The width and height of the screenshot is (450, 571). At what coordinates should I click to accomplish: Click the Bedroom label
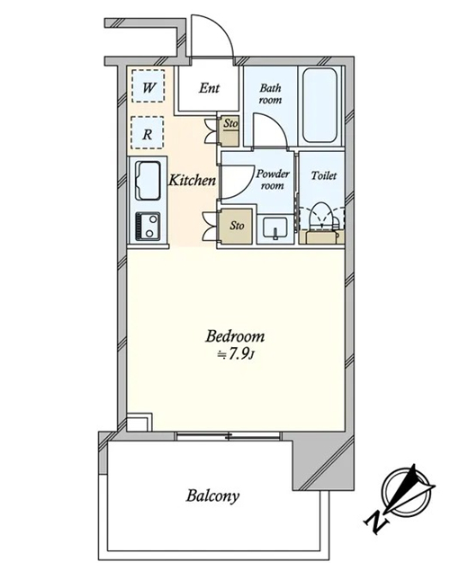click(235, 336)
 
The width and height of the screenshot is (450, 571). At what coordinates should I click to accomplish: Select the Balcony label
click(212, 496)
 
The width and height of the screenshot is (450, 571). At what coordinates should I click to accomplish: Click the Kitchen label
click(192, 180)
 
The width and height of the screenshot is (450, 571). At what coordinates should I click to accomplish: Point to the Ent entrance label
click(209, 88)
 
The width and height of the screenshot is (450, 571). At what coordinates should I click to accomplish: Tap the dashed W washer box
click(148, 85)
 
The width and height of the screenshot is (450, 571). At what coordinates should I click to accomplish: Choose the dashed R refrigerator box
click(147, 132)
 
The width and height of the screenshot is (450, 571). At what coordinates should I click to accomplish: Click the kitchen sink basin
click(148, 181)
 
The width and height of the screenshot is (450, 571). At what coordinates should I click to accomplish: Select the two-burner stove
click(148, 226)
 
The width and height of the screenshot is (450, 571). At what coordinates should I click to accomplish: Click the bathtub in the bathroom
click(319, 106)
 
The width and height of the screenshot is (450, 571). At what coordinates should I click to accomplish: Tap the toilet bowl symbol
click(321, 216)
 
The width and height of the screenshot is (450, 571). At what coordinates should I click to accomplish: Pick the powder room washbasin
click(275, 228)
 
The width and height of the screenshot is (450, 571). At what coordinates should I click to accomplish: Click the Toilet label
click(324, 175)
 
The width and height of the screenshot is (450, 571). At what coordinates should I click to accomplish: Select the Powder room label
click(272, 179)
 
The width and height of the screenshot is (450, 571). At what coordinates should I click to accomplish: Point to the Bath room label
click(270, 94)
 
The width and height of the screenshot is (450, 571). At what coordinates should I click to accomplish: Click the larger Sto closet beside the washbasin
click(236, 226)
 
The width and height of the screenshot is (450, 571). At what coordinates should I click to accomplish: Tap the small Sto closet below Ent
click(230, 131)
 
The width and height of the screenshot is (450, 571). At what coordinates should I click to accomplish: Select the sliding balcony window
click(229, 436)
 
